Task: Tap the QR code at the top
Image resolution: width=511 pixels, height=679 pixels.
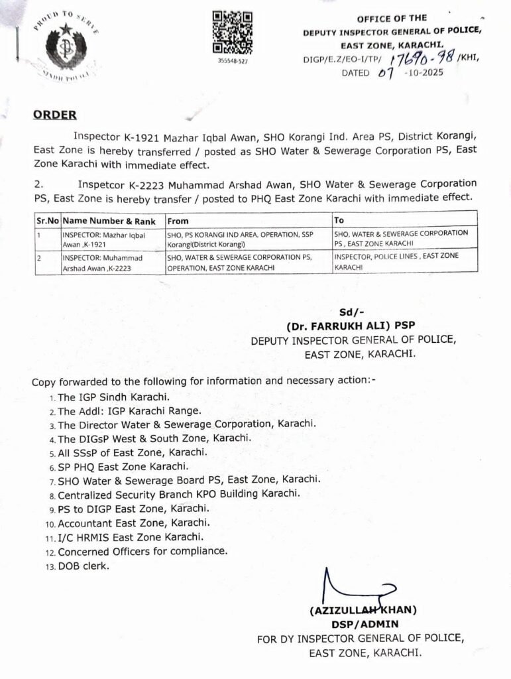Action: pos(232,32)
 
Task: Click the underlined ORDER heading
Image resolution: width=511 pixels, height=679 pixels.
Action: pos(54,115)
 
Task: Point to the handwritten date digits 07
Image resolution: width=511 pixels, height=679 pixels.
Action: pos(386,73)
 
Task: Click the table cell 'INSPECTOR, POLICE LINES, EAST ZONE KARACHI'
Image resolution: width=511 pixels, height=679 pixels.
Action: pos(396,260)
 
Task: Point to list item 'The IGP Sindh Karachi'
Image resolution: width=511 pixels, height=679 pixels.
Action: pos(108,397)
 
